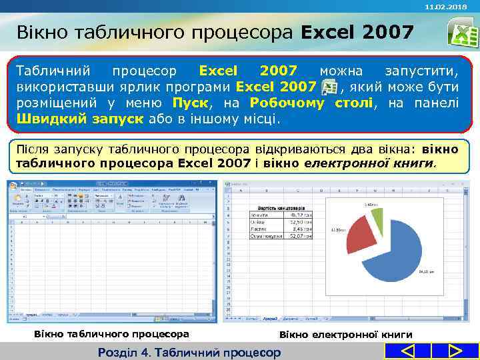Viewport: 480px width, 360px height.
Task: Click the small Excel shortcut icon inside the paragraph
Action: pyautogui.click(x=329, y=87)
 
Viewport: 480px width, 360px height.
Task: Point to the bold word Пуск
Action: pyautogui.click(x=191, y=103)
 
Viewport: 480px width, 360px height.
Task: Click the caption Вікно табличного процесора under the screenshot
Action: pyautogui.click(x=111, y=333)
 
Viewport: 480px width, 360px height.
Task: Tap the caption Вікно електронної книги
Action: pyautogui.click(x=345, y=334)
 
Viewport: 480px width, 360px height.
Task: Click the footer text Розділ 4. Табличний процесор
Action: pyautogui.click(x=189, y=352)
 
